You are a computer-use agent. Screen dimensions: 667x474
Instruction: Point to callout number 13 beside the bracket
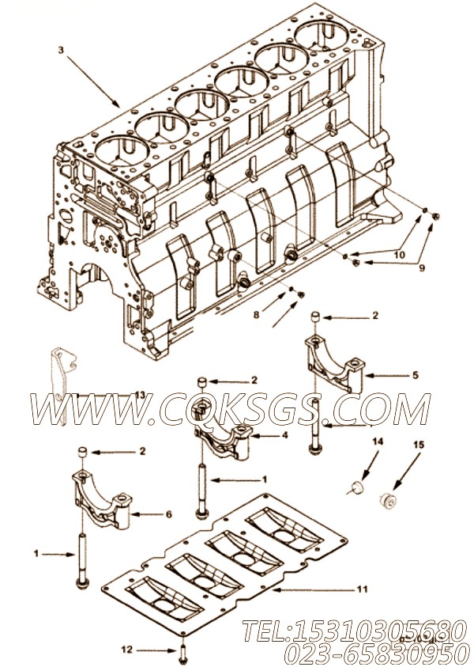(139, 394)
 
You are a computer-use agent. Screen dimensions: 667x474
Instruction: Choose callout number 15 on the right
(419, 445)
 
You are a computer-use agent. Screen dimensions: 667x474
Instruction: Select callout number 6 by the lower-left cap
(168, 514)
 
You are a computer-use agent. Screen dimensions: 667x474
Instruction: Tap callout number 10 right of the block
(399, 256)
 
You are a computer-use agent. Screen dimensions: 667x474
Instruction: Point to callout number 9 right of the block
(421, 267)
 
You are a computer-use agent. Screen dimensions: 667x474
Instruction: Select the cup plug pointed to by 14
(355, 484)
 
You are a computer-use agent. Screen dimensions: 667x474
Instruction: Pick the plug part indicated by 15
(388, 498)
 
